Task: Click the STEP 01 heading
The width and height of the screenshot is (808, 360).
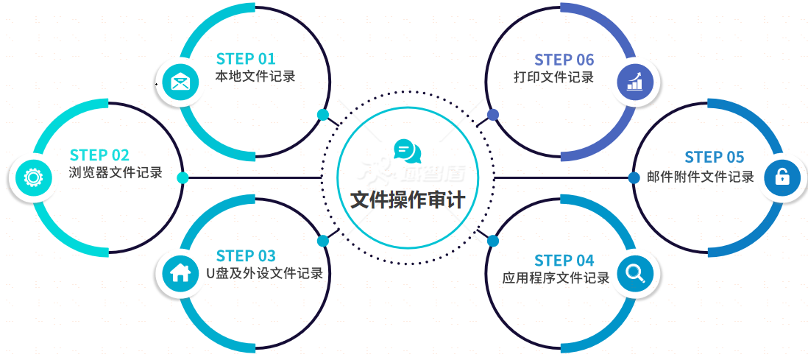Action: click(x=246, y=59)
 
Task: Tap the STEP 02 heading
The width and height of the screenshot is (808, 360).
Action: click(x=99, y=155)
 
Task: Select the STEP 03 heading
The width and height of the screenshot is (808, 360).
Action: click(x=246, y=256)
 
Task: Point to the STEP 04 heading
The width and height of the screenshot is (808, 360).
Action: click(x=564, y=261)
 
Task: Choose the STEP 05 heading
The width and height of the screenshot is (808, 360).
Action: click(x=714, y=157)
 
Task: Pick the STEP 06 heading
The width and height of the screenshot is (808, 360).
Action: click(x=564, y=60)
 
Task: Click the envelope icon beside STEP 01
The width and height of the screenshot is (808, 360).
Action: click(x=180, y=81)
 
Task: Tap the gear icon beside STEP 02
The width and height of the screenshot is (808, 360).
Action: click(x=32, y=177)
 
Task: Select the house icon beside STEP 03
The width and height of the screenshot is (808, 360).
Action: click(x=180, y=273)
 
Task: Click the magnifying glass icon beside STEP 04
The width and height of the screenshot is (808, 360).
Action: click(x=634, y=273)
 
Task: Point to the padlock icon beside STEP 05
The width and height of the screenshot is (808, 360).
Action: click(x=782, y=177)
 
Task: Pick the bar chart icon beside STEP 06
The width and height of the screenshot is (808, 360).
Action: click(x=634, y=81)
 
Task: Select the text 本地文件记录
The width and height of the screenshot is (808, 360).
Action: click(x=255, y=76)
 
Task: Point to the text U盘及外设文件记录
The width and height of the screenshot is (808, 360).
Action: click(x=264, y=274)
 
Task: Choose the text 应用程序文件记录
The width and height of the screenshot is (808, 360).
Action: click(x=556, y=278)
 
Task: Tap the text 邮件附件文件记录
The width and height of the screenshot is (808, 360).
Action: click(x=700, y=177)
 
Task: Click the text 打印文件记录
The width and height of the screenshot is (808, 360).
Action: click(x=553, y=77)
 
